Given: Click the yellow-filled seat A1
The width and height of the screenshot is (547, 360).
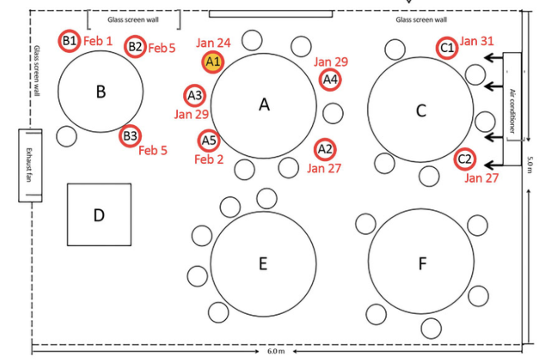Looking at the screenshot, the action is pos(213,62).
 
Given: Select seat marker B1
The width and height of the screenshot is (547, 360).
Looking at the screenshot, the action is pos(69,41).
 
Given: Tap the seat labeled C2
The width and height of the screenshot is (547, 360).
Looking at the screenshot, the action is pos(465,159).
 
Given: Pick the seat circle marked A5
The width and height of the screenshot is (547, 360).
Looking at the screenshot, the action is pos(209,141).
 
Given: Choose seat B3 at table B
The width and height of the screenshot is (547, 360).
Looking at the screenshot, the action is pos(130,136).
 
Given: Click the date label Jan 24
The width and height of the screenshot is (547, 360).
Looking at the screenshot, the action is pos(213,43).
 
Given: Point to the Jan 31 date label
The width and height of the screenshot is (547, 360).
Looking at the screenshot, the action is pos(476,41).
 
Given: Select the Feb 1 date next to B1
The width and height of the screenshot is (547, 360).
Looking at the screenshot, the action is pos(98,41).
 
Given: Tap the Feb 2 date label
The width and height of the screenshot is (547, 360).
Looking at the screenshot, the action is pos(209,159).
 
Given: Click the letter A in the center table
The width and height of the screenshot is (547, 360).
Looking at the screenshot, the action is pos(264,104).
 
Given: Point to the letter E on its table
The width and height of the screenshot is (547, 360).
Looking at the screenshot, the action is pos(263,264).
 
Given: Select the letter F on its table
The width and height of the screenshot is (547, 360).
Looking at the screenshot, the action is pos(422,264).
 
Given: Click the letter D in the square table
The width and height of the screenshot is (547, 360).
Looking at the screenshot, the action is pos(99,215).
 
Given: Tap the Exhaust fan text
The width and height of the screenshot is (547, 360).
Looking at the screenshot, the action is pos(29,165).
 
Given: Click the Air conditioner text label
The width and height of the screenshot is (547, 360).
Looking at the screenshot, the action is pos(512,111).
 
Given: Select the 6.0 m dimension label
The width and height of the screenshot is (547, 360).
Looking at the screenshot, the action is pos(276,351).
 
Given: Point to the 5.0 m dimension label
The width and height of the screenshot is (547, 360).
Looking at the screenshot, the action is pos(530,165).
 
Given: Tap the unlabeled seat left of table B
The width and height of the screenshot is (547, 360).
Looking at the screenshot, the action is pos(66,136).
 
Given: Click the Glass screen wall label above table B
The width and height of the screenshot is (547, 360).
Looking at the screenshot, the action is pos(133,20).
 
